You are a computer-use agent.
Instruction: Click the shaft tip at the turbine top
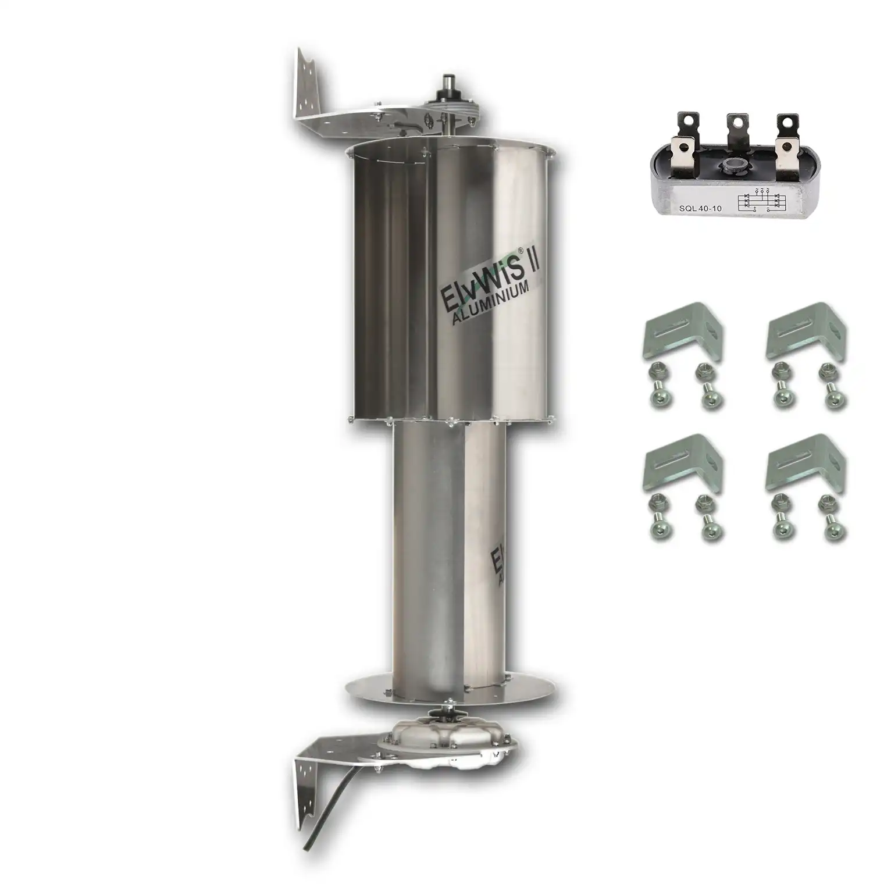[x=448, y=80]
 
